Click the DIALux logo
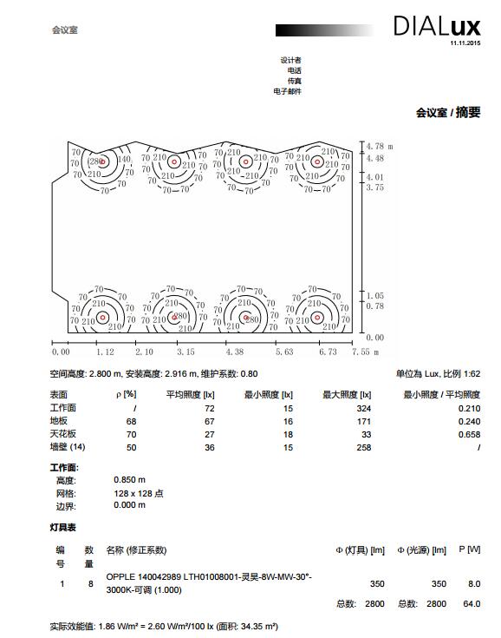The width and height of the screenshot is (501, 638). [437, 26]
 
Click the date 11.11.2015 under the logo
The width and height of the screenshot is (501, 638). [465, 43]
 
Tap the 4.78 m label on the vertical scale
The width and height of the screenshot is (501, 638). [380, 146]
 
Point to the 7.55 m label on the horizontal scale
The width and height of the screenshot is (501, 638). [365, 352]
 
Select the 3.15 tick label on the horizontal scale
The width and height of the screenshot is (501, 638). [185, 352]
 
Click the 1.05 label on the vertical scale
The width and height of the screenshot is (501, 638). [375, 295]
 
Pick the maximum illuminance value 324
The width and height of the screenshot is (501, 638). [364, 408]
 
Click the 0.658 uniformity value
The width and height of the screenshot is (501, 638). [469, 434]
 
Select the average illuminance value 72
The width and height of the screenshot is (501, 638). [210, 408]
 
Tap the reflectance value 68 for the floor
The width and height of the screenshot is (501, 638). [131, 421]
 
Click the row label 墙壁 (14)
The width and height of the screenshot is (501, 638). [68, 447]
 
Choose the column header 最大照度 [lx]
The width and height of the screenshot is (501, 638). [347, 394]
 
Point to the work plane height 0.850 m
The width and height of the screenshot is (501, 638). [130, 480]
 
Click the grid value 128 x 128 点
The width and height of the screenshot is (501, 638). [139, 493]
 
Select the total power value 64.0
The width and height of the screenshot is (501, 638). [472, 603]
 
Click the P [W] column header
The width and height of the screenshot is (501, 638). [470, 549]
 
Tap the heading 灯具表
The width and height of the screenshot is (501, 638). [63, 528]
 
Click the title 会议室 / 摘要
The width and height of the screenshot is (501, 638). [448, 112]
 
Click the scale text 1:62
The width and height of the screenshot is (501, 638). [472, 373]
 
